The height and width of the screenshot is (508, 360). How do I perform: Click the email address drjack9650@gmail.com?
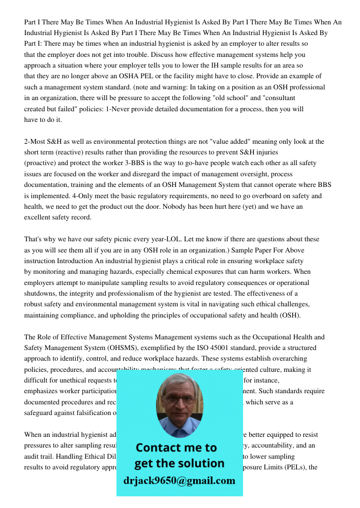coord(179,481)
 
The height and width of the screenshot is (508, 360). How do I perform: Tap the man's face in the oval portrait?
coord(179,402)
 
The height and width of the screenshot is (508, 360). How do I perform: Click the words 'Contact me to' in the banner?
coord(176,448)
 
